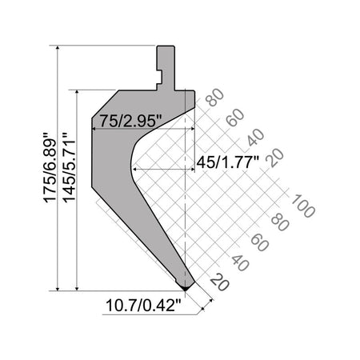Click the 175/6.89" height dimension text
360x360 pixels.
(50, 167)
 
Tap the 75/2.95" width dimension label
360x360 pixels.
(132, 121)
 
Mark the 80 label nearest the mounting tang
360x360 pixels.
(214, 101)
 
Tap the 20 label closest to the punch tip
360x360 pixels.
(216, 282)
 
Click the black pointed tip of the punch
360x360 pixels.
(186, 285)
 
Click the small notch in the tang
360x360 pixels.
(159, 78)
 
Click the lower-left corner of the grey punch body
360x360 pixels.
(94, 190)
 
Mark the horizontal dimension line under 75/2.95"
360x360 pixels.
(144, 129)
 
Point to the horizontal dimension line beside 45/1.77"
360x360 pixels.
(160, 169)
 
